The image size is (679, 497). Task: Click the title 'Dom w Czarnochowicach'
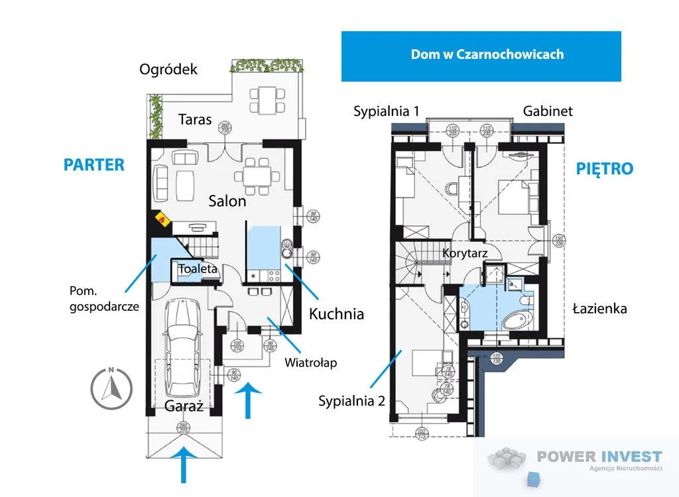point(487,54)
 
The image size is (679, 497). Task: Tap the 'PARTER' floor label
point(94,165)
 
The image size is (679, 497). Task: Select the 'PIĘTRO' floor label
point(604,169)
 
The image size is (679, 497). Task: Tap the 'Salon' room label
point(227,201)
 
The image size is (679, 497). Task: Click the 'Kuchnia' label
point(337,313)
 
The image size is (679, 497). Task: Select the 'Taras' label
point(195,119)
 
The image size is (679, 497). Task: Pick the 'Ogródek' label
point(168,69)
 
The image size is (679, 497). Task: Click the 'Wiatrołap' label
point(311,362)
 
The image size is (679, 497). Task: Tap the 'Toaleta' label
point(198,269)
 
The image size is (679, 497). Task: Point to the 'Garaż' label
point(183,406)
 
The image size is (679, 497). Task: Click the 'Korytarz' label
point(465,253)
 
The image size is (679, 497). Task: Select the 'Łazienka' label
point(600,308)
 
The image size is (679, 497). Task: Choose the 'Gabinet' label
point(548,111)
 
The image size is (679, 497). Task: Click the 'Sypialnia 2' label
point(351,401)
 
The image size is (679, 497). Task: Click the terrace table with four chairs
point(267,99)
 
